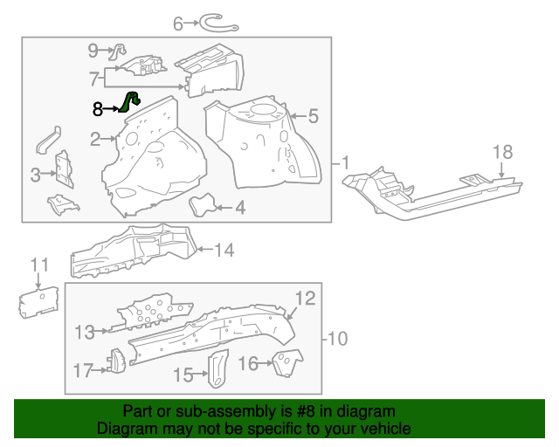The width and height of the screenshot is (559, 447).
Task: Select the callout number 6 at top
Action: pos(178,24)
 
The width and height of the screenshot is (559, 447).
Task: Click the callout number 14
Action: pos(224,251)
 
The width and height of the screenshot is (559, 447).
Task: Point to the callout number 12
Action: pos(303,299)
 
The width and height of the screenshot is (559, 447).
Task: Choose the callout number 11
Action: pos(40,265)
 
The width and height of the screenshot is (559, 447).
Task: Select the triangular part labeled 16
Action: pos(285,361)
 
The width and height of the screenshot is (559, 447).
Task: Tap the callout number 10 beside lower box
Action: pos(337,338)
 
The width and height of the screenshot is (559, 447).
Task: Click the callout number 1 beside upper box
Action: pos(345,162)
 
